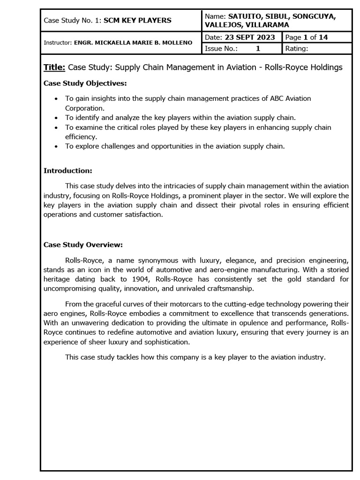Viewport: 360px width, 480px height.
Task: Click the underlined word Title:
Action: [54, 67]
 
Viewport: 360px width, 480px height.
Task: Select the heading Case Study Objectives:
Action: [85, 83]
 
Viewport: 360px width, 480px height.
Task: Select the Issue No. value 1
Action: [258, 48]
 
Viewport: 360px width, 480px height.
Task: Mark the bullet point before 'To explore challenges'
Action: [56, 146]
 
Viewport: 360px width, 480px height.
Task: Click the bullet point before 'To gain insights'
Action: [56, 98]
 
